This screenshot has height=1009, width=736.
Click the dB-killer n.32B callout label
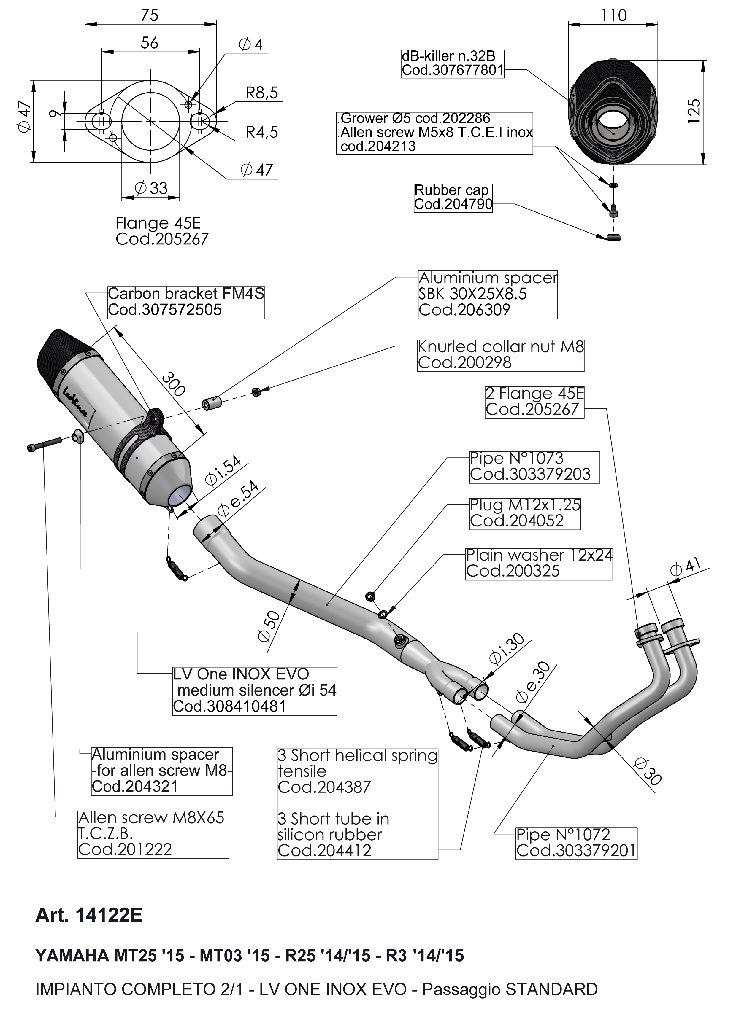tap(453, 63)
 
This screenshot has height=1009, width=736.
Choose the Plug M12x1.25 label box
tap(525, 513)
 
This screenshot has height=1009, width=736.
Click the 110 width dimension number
tap(613, 16)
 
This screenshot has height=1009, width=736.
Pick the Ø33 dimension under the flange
tap(151, 188)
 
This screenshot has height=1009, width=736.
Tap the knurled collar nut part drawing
tap(256, 392)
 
